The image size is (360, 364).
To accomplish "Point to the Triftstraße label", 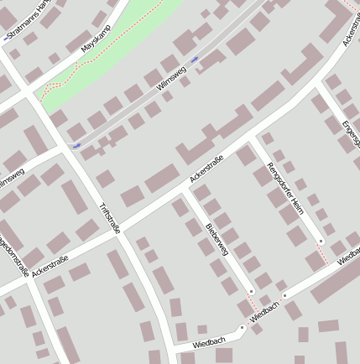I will click(110, 216).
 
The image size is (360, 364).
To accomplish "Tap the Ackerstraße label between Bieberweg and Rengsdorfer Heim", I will click(206, 169).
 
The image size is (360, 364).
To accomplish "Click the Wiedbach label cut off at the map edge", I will click(349, 259).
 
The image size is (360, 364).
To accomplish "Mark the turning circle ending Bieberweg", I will click(251, 292).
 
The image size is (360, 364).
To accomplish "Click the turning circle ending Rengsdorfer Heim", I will click(321, 241).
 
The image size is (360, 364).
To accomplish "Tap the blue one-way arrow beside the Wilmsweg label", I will click(195, 60).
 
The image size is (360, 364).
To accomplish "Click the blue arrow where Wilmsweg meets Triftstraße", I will click(76, 146).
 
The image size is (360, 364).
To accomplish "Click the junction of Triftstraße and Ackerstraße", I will click(117, 233).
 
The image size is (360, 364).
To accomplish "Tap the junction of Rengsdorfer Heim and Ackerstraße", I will click(254, 137).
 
